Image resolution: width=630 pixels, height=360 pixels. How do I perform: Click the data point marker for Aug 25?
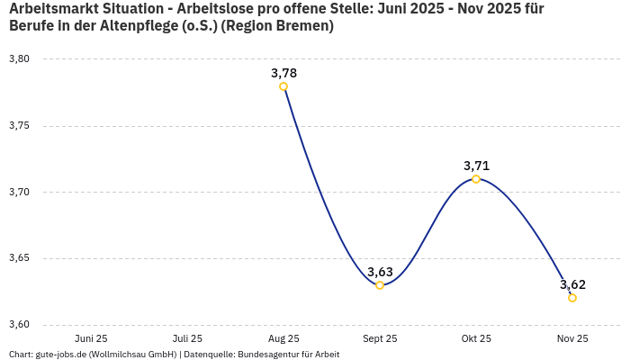click(x=283, y=86)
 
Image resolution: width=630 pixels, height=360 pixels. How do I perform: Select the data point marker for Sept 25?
click(x=380, y=285)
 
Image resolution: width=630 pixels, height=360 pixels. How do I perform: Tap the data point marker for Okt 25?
click(x=476, y=179)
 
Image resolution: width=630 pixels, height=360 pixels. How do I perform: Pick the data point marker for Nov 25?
click(x=572, y=298)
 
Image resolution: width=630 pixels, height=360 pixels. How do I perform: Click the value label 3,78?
click(x=283, y=73)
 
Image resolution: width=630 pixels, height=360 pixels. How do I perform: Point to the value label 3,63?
click(x=380, y=272)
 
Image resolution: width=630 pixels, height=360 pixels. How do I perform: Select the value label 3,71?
click(x=476, y=166)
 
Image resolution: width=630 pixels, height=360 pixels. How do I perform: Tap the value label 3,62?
click(x=572, y=284)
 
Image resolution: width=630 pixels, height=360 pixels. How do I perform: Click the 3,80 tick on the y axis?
click(x=19, y=59)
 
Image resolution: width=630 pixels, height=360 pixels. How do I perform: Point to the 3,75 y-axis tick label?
click(x=19, y=126)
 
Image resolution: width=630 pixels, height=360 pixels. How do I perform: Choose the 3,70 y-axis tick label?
click(x=19, y=193)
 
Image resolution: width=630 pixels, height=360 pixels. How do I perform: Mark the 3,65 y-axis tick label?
click(x=19, y=259)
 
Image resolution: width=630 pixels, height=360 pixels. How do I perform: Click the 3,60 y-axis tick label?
click(x=19, y=325)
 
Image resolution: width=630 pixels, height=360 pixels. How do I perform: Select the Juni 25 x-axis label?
click(x=91, y=338)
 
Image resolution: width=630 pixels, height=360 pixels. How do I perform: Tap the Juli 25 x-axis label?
click(x=187, y=338)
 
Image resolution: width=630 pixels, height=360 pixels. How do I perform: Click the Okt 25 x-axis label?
click(x=476, y=338)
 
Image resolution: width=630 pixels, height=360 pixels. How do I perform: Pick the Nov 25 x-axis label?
click(x=572, y=338)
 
